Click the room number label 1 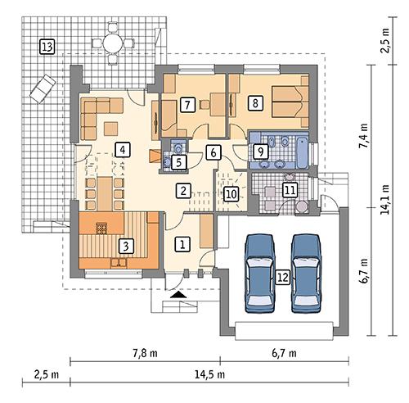[x=183, y=243]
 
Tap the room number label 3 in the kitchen [x=125, y=244]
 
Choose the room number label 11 [x=289, y=190]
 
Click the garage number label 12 [x=282, y=276]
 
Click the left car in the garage [x=260, y=271]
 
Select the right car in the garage [x=304, y=271]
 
